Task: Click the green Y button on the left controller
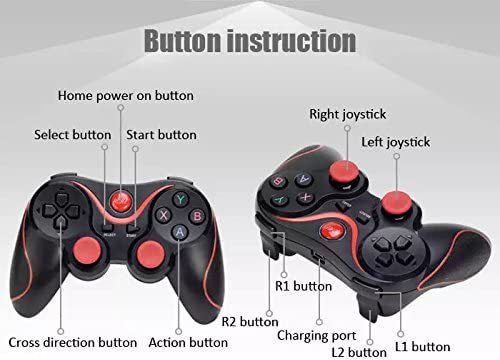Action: (180, 199)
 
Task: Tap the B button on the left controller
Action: (197, 216)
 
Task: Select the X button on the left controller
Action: (163, 215)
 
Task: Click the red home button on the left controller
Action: (121, 200)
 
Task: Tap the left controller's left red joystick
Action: (87, 251)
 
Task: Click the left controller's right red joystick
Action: (151, 254)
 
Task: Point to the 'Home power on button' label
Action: (126, 96)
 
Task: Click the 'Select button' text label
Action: (73, 135)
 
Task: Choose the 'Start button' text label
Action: (161, 135)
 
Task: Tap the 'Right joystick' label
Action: (348, 114)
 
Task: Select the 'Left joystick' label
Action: (396, 142)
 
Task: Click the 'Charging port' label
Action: (317, 336)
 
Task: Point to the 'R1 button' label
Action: (303, 286)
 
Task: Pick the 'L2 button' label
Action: (359, 352)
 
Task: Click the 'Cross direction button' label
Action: (73, 343)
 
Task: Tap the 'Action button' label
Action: (188, 343)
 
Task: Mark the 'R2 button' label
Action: (250, 322)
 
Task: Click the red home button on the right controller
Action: (332, 231)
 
